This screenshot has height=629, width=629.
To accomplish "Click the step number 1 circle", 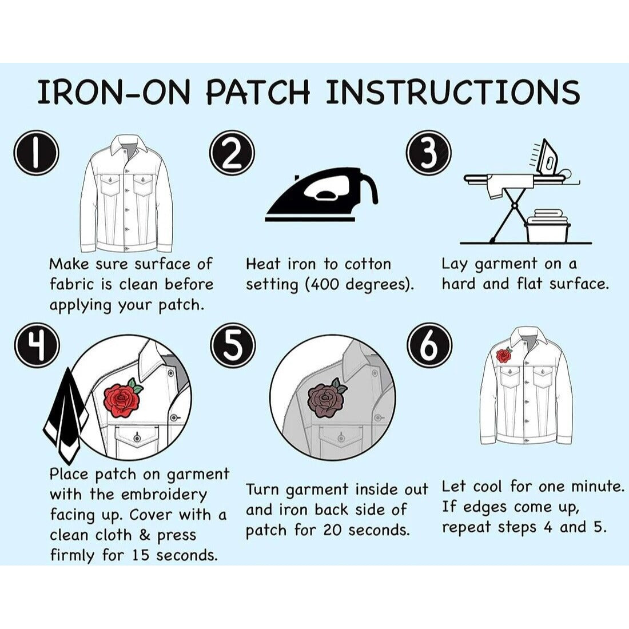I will (x=36, y=153).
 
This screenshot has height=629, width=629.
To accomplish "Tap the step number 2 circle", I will (x=232, y=153).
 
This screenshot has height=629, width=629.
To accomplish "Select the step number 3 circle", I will (x=429, y=153).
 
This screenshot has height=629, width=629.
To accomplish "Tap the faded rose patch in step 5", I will (x=325, y=399).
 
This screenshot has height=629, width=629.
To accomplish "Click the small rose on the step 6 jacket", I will (x=503, y=356).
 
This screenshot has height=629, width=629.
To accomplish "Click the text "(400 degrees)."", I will (x=360, y=284).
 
